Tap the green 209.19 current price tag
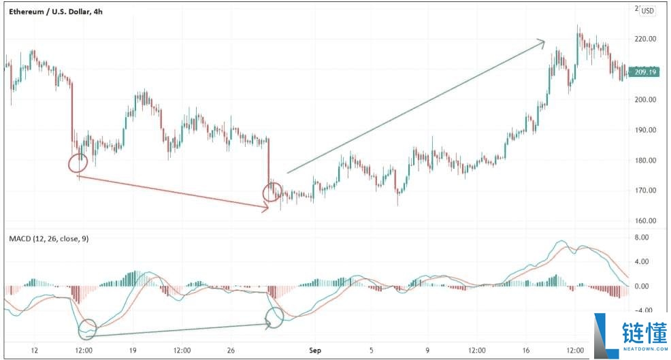pyautogui.click(x=645, y=71)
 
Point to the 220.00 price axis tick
pyautogui.click(x=644, y=39)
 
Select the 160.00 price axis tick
pyautogui.click(x=644, y=220)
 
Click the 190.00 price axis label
pyautogui.click(x=644, y=130)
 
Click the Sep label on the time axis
pyautogui.click(x=314, y=350)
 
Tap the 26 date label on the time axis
pyautogui.click(x=231, y=350)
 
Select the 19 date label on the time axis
pyautogui.click(x=133, y=350)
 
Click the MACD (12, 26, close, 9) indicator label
pyautogui.click(x=48, y=238)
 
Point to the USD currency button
pyautogui.click(x=647, y=10)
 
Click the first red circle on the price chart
pyautogui.click(x=78, y=163)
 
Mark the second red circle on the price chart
pyautogui.click(x=273, y=193)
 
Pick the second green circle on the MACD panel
pyautogui.click(x=274, y=316)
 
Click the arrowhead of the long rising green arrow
pyautogui.click(x=542, y=42)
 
